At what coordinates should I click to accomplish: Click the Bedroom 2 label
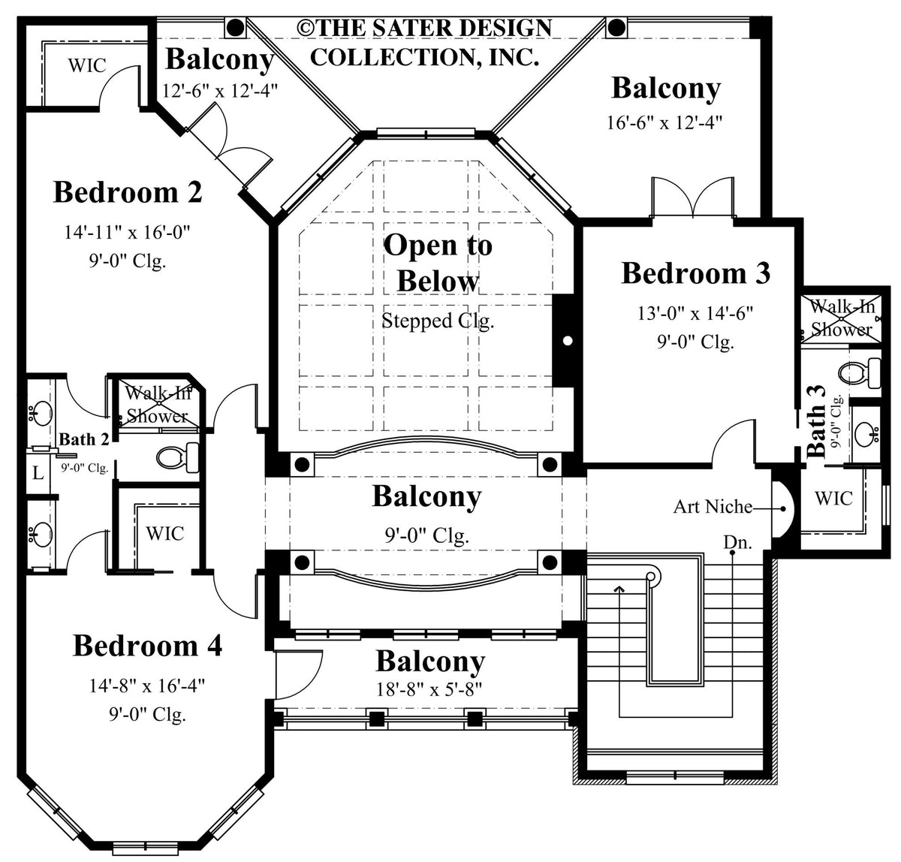(x=128, y=192)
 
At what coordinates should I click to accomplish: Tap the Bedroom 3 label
(x=695, y=273)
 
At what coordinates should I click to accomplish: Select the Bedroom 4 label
(x=147, y=646)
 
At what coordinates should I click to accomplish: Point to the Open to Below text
(x=438, y=263)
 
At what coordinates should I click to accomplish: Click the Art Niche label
(x=712, y=507)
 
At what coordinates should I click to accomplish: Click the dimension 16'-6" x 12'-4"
(x=664, y=122)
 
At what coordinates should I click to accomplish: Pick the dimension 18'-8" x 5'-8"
(x=430, y=689)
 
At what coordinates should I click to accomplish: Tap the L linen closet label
(x=37, y=473)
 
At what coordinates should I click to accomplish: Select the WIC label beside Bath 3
(x=833, y=498)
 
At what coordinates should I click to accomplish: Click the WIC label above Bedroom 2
(x=87, y=65)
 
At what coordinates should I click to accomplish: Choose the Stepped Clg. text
(x=437, y=321)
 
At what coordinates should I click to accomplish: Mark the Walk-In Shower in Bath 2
(x=156, y=404)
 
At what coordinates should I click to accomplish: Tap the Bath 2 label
(x=84, y=439)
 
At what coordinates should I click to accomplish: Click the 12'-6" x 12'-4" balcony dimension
(x=220, y=91)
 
